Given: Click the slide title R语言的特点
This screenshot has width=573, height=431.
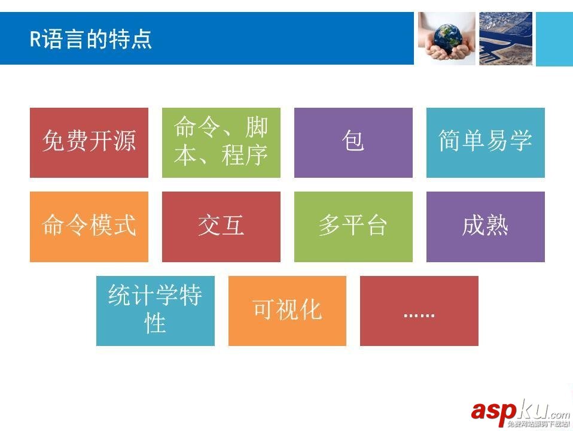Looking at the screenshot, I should click(x=91, y=40).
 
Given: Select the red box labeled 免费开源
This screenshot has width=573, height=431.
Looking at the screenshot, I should click(x=89, y=142).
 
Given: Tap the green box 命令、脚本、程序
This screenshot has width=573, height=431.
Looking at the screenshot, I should click(x=221, y=142).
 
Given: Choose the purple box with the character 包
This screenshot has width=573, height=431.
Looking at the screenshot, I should click(x=353, y=142).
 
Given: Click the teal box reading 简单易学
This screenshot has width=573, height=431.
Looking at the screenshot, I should click(x=485, y=142).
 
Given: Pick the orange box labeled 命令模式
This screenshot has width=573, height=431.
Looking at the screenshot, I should click(x=89, y=226).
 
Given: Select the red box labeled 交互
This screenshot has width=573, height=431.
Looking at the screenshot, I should click(x=221, y=226).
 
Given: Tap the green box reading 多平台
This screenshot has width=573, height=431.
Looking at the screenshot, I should click(x=353, y=226).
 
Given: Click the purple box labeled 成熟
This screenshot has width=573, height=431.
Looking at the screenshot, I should click(x=485, y=226).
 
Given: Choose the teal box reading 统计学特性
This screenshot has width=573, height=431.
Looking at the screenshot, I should click(x=155, y=311).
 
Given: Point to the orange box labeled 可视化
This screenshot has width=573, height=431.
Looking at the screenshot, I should click(x=287, y=311).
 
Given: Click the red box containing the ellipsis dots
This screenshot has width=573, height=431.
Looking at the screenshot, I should click(x=419, y=311).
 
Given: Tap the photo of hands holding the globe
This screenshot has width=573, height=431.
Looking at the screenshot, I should click(x=446, y=38).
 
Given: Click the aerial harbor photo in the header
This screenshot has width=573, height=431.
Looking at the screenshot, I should click(x=505, y=38).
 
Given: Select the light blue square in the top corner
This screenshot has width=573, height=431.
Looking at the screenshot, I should click(x=554, y=38).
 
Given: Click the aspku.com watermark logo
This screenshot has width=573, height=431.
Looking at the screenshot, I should click(x=520, y=412).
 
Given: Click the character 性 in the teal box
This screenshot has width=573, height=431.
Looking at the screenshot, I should click(x=156, y=324).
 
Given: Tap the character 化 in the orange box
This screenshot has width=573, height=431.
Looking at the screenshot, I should click(x=310, y=310).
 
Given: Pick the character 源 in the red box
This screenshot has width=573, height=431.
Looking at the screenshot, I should click(x=124, y=142).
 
